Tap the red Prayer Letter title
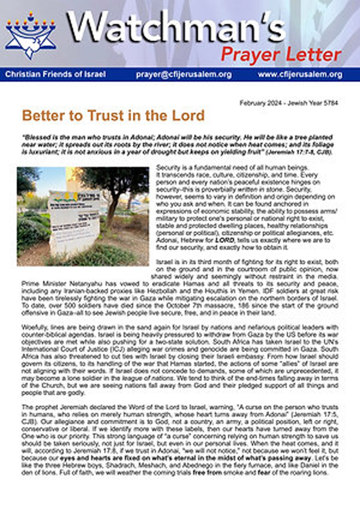(281, 55)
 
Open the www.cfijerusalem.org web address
(300, 74)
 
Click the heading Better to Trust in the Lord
(113, 115)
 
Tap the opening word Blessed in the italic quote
(39, 135)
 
